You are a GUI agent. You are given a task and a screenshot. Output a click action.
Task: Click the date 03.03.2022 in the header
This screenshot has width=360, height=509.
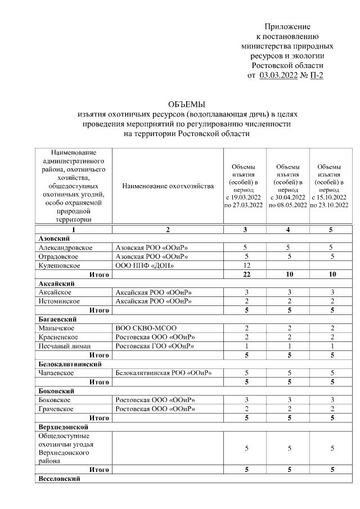[280, 75]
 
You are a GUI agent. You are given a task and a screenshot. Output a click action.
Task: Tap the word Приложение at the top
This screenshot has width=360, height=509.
[287, 26]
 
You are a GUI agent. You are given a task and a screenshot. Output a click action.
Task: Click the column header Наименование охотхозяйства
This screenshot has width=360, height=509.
[168, 186]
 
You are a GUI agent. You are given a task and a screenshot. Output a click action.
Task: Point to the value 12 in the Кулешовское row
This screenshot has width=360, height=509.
[246, 265]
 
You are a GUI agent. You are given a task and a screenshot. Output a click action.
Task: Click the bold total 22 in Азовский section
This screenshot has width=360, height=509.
[246, 274]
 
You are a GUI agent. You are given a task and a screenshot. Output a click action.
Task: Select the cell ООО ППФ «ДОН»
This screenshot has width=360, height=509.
[144, 265]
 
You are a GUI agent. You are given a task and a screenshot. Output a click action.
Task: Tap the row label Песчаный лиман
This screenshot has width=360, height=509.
[65, 346]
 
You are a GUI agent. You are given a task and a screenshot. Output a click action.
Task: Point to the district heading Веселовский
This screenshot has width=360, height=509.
[59, 479]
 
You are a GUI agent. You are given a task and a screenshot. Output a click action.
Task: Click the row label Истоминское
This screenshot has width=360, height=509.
[62, 301]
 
